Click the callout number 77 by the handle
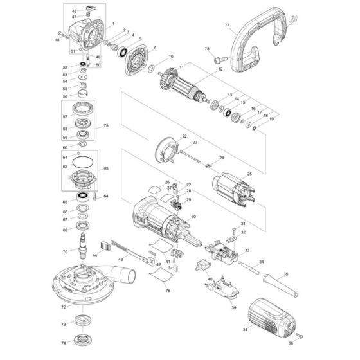point(227,26)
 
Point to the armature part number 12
point(220,69)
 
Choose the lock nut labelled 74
point(82,340)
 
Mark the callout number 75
point(107,126)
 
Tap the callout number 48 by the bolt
point(57,40)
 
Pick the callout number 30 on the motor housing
point(193,217)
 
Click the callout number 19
point(271,118)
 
